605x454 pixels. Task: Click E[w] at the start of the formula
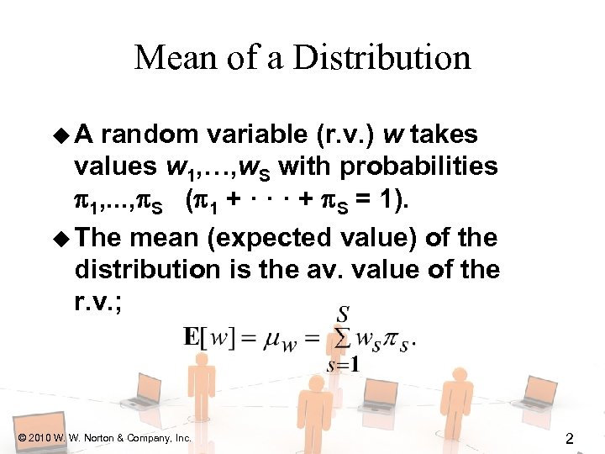click(205, 339)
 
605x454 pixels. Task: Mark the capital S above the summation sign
click(343, 314)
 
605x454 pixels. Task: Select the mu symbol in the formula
click(271, 340)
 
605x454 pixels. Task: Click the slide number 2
click(569, 437)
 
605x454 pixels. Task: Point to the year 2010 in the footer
click(41, 438)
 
